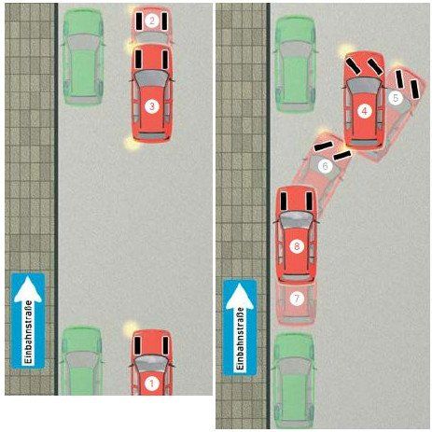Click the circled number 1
(152, 383)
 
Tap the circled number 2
(152, 21)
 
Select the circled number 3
(152, 106)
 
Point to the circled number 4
(364, 111)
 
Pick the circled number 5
(396, 98)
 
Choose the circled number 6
(325, 166)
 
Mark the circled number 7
(297, 299)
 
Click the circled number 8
(297, 246)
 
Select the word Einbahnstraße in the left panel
(29, 332)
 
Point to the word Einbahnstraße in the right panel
(240, 339)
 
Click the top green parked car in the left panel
(83, 57)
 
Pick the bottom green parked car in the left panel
(82, 360)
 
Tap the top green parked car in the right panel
(295, 64)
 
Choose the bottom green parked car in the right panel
(293, 381)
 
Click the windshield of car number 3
(152, 78)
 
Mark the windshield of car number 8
(296, 219)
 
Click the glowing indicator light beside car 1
(130, 328)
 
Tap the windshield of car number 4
(364, 84)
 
